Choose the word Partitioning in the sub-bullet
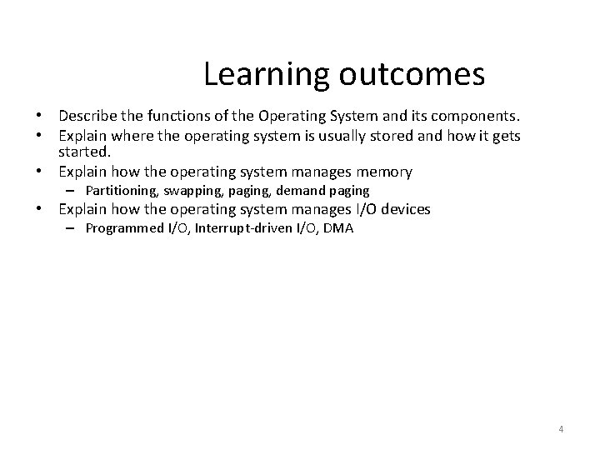pyautogui.click(x=121, y=191)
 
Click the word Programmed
pyautogui.click(x=124, y=228)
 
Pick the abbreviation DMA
pyautogui.click(x=337, y=228)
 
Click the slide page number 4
pyautogui.click(x=561, y=429)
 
